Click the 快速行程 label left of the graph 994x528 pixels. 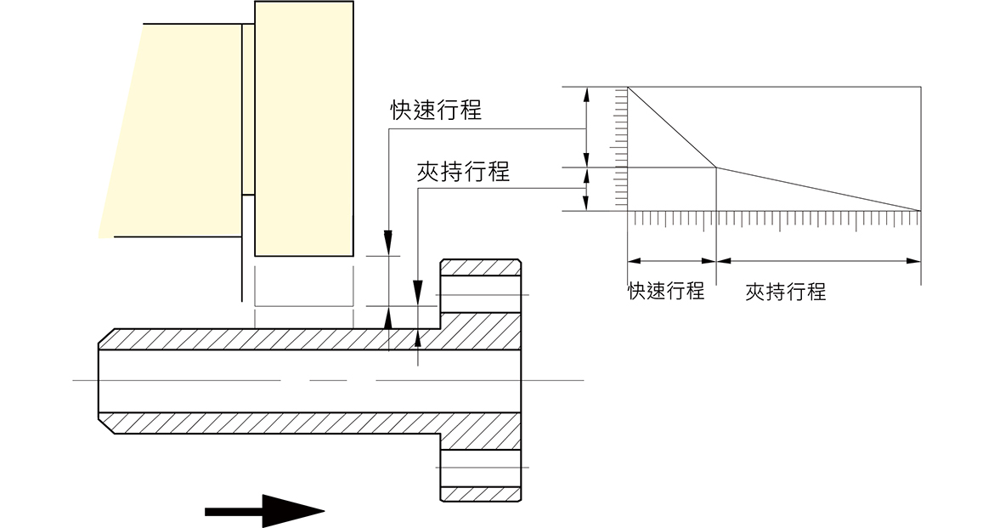436,110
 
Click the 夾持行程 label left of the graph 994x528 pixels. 463,171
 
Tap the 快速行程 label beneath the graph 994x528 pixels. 666,292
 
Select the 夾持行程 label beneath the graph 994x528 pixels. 786,292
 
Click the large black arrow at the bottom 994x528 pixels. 264,511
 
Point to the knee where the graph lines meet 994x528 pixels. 716,167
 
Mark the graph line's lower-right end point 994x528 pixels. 920,210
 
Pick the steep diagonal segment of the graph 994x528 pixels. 672,128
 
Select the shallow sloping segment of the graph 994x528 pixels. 818,189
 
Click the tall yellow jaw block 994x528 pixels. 303,129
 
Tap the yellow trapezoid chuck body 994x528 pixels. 171,130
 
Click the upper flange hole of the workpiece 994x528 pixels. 481,294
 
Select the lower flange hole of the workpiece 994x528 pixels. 481,468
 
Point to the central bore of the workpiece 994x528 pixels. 309,381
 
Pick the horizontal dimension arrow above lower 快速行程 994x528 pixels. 672,260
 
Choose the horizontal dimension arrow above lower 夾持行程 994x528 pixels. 818,260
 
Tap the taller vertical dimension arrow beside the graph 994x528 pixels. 586,128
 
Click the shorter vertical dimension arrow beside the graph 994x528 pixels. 586,189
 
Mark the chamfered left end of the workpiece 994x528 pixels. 106,381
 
